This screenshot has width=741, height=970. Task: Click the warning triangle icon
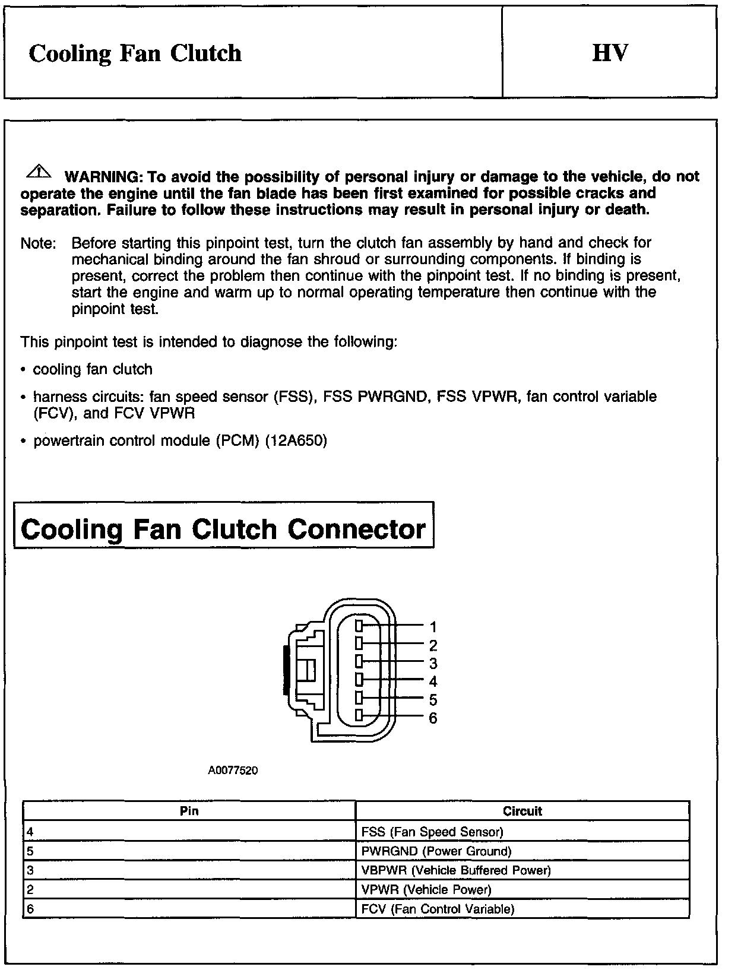[39, 172]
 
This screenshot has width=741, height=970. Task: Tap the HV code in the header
[609, 53]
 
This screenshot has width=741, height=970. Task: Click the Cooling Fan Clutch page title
[135, 53]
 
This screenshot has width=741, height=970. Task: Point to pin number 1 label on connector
[433, 626]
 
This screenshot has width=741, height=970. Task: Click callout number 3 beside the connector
[433, 663]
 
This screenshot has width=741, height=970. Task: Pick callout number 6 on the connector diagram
[433, 718]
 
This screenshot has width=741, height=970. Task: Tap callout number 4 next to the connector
[433, 681]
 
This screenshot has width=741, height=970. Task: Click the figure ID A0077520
[233, 771]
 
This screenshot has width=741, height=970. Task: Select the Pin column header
[189, 811]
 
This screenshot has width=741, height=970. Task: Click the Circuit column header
[522, 811]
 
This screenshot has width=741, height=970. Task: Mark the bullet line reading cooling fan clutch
[93, 369]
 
